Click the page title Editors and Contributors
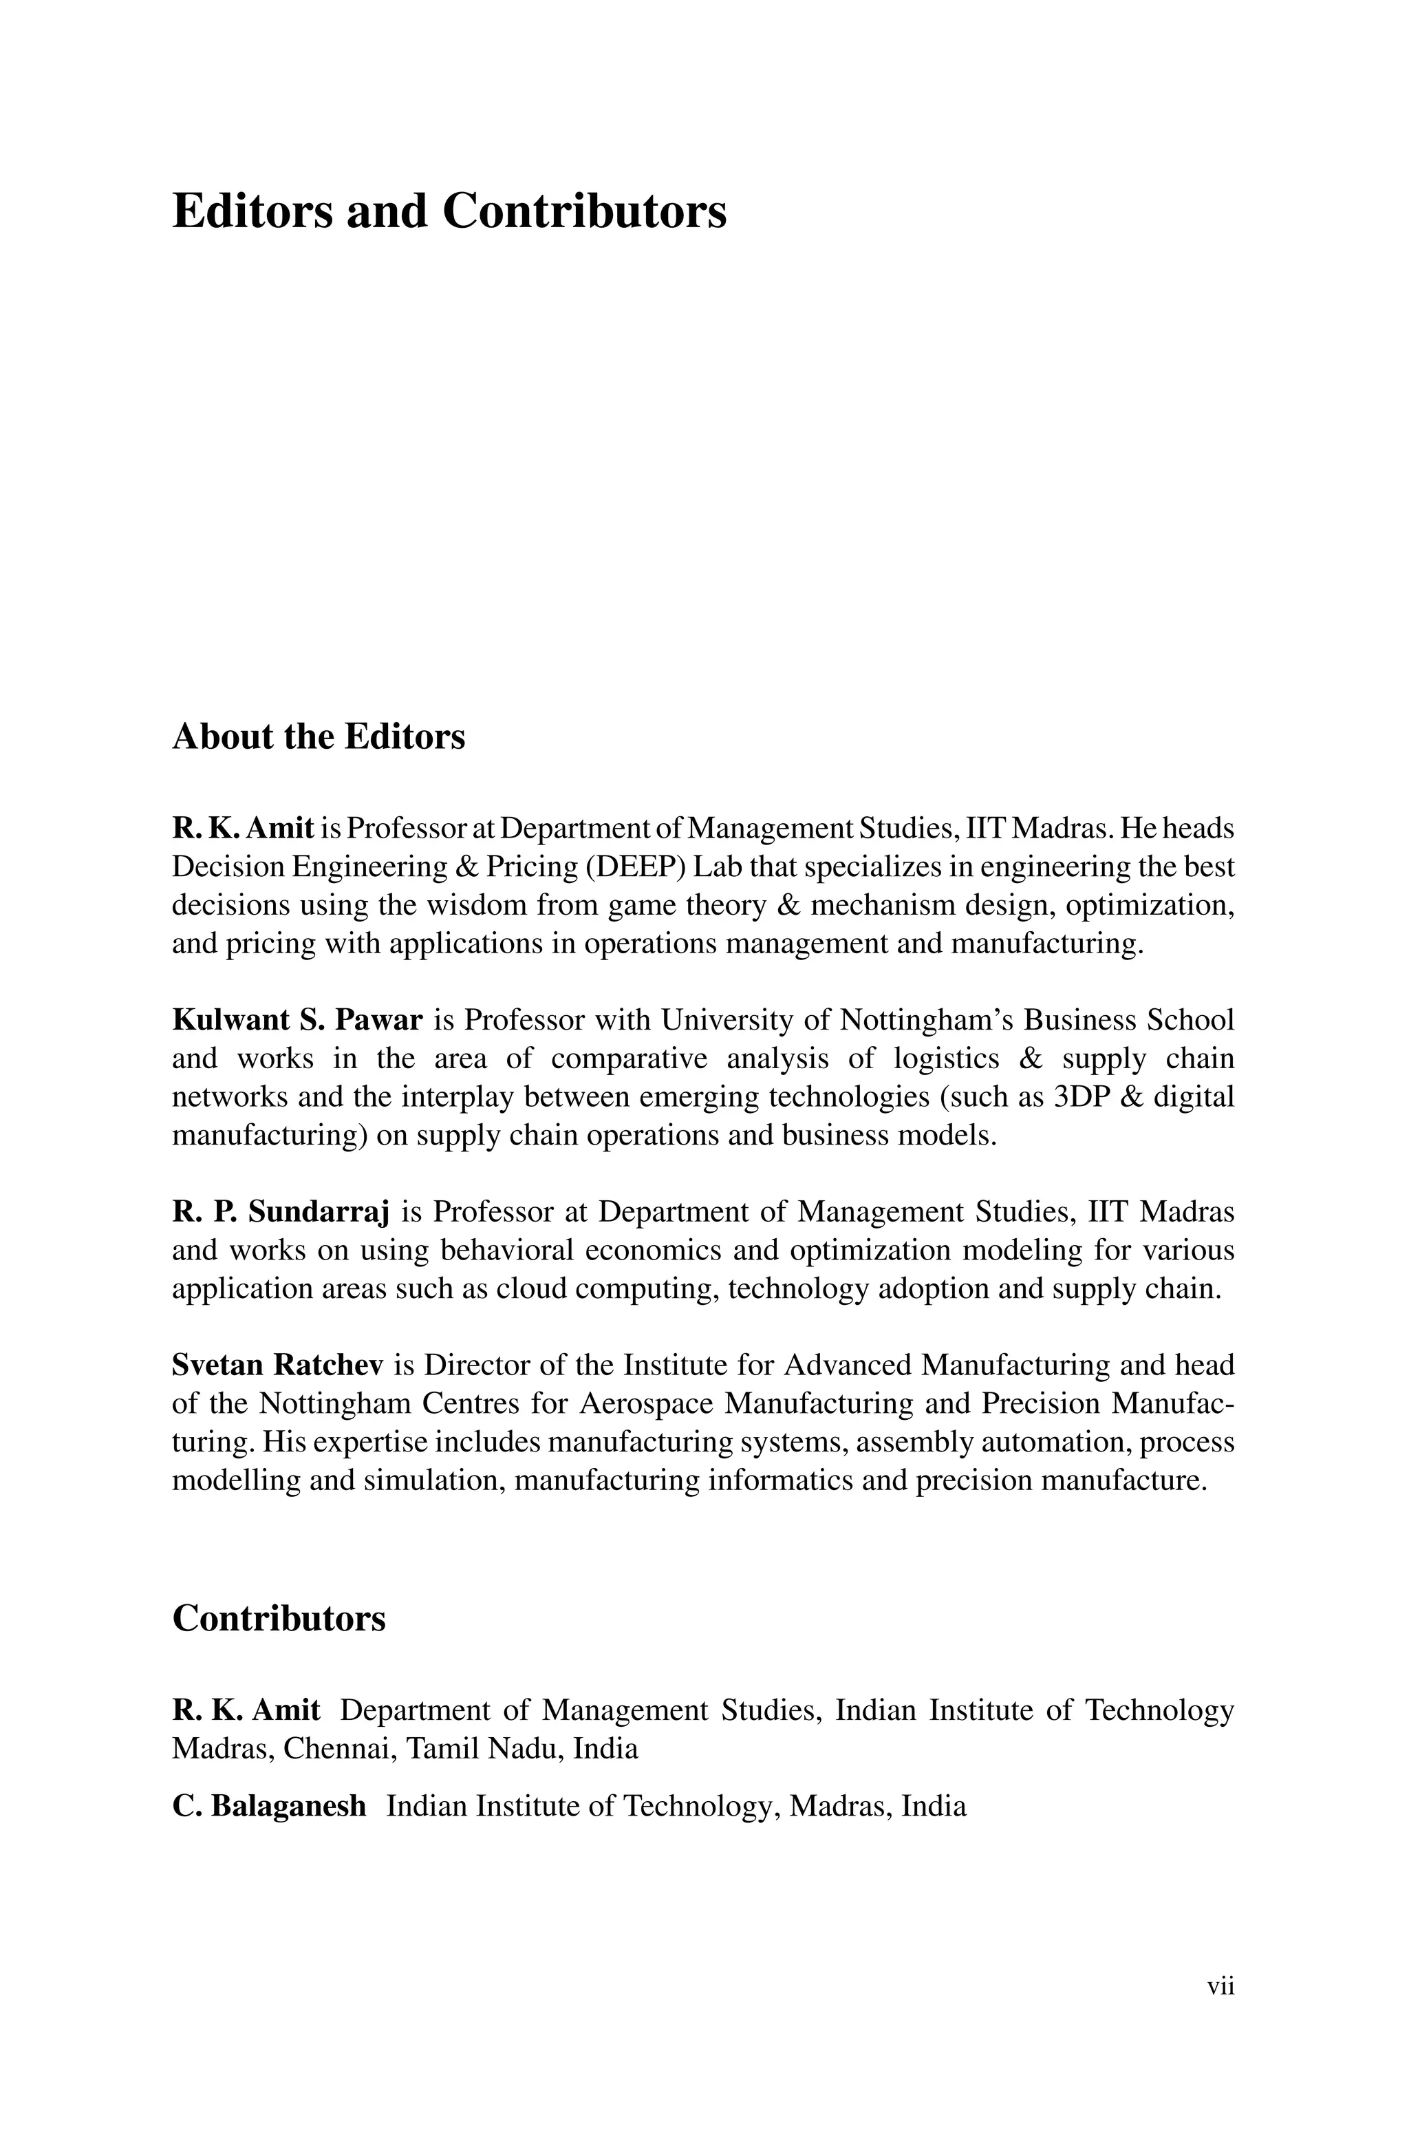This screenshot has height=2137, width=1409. tap(449, 212)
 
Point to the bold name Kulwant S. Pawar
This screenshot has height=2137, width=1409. tap(297, 1020)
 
